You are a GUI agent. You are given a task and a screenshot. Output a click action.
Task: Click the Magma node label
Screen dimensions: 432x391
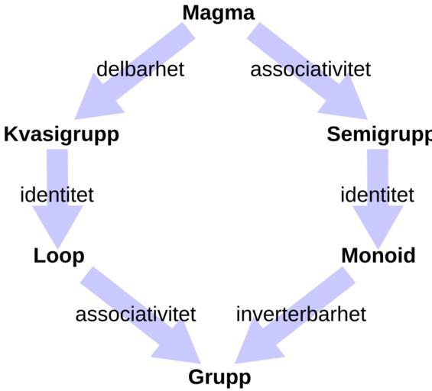[219, 14]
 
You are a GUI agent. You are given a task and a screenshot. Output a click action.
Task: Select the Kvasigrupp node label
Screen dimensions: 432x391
[61, 135]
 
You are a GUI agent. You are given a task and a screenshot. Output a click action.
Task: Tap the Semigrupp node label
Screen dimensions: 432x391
[379, 135]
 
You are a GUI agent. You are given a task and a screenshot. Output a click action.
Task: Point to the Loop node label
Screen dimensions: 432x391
[59, 256]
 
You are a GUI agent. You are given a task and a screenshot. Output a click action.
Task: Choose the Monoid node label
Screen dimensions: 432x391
[378, 256]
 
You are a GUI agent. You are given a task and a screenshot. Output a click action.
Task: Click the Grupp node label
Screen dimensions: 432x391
[219, 378]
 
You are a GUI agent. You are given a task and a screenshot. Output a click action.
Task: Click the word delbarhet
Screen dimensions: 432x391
[140, 69]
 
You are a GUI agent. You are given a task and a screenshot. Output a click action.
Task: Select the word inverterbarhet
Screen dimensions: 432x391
[301, 314]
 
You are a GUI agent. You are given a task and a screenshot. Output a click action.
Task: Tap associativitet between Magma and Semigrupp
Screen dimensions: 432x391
[310, 69]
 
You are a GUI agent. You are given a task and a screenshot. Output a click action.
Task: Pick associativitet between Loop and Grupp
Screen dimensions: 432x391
[135, 314]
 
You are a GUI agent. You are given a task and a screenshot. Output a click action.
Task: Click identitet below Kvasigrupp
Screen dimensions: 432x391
[57, 195]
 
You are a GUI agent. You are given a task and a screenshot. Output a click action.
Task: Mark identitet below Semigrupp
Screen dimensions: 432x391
[377, 195]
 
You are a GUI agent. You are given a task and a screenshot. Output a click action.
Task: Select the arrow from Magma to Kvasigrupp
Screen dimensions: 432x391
[135, 71]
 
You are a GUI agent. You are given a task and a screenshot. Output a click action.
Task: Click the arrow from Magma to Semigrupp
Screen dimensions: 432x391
[307, 71]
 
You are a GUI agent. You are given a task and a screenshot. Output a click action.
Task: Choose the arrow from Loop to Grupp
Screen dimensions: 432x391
[141, 315]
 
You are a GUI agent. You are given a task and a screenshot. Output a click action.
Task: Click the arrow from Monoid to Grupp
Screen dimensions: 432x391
[295, 315]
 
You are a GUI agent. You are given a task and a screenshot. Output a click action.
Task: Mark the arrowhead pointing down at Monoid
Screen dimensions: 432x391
[378, 223]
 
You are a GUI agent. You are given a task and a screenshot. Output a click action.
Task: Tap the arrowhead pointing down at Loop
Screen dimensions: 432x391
[57, 223]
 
